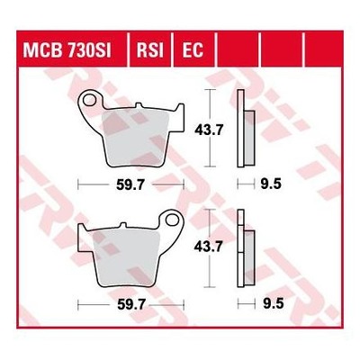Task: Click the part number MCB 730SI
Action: click(x=67, y=49)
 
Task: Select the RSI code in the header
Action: click(x=150, y=49)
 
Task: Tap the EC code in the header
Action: click(x=193, y=49)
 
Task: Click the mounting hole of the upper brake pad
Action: click(x=89, y=100)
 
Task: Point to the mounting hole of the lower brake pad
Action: click(x=172, y=220)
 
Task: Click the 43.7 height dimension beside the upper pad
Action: click(x=209, y=130)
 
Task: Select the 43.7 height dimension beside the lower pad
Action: click(x=208, y=247)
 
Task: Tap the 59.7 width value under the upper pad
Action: click(x=130, y=185)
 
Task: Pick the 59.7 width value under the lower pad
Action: click(x=131, y=305)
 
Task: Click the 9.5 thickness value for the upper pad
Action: click(x=271, y=184)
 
